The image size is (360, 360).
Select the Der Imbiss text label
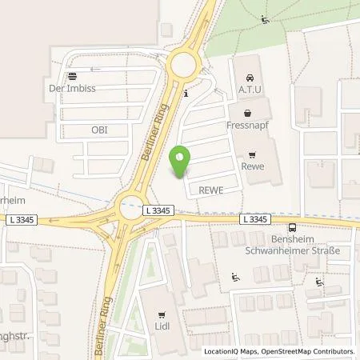tap(72, 89)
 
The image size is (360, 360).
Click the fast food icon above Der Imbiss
tap(72, 77)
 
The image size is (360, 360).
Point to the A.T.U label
tap(247, 90)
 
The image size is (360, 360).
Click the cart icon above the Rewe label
tap(253, 155)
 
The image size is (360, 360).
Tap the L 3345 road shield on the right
tap(256, 218)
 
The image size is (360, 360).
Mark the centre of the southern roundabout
tap(130, 210)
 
